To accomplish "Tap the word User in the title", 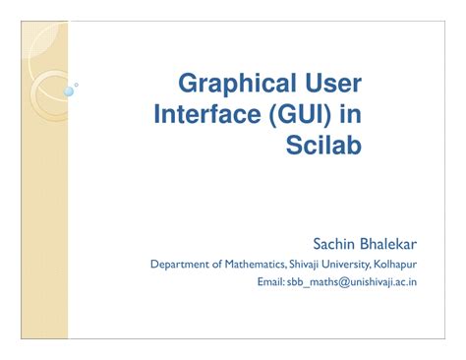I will (329, 83).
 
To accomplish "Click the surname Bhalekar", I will (390, 241).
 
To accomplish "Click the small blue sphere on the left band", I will (69, 91).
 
